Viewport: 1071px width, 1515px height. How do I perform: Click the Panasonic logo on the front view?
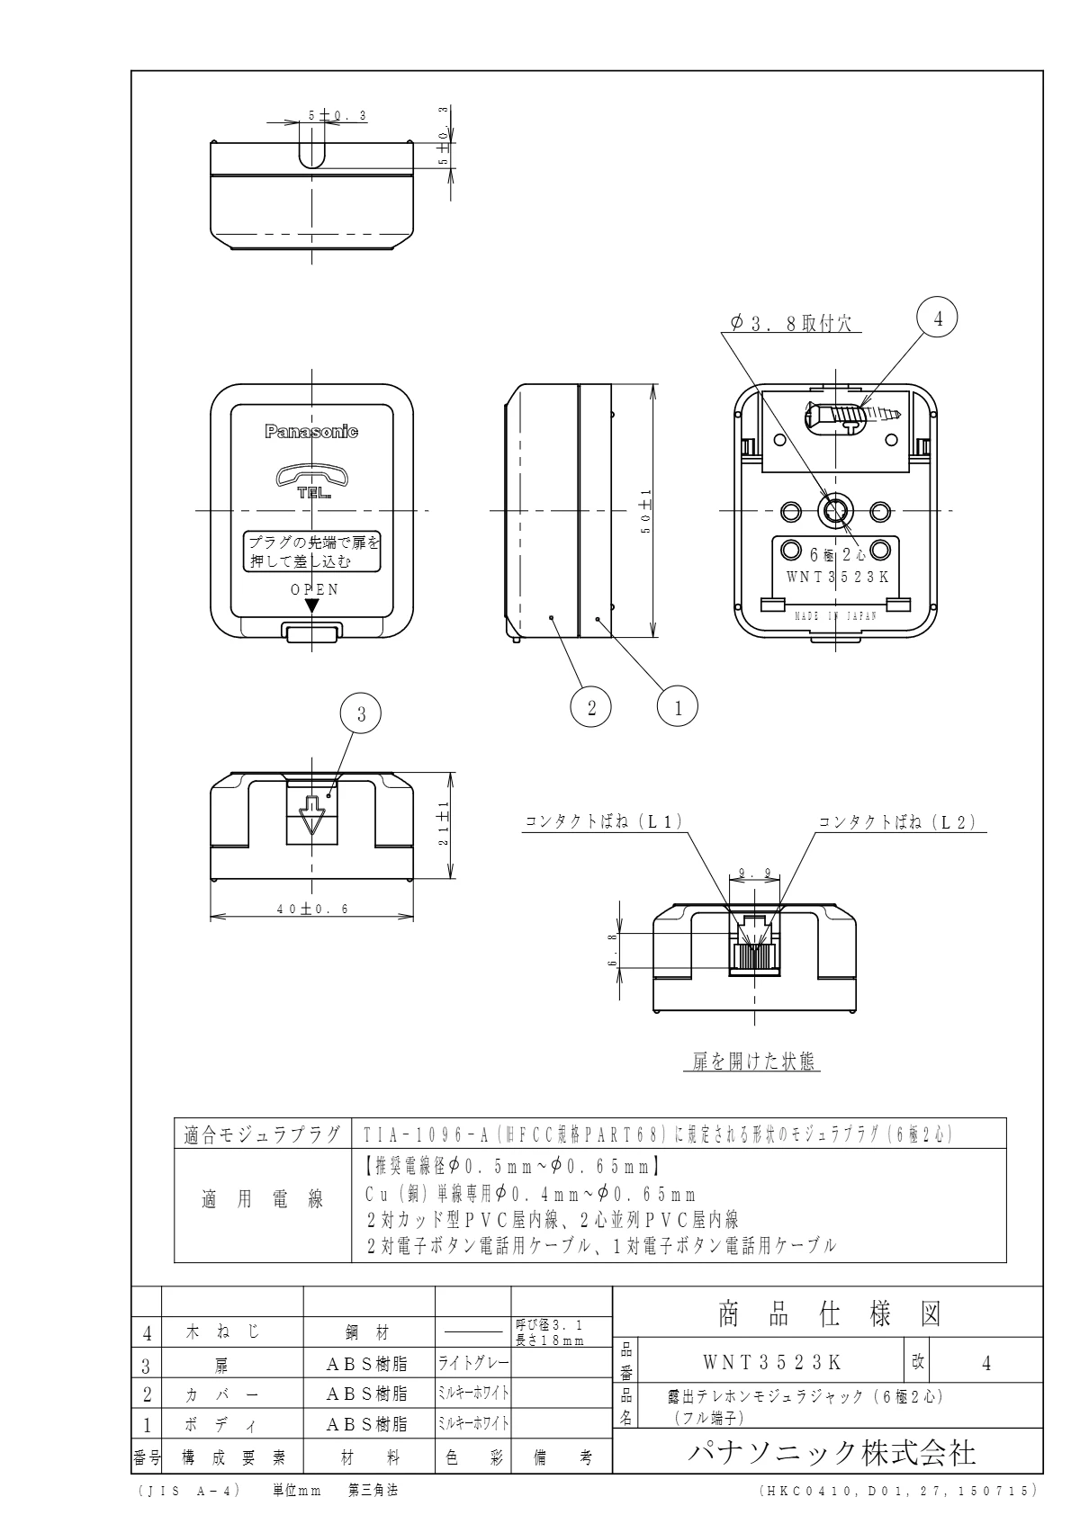[311, 432]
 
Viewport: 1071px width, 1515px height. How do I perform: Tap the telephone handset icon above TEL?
[311, 475]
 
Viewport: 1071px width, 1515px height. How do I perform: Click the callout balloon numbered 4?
[937, 318]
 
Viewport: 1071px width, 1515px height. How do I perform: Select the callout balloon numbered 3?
[361, 714]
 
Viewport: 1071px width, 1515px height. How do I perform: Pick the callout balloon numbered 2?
[591, 707]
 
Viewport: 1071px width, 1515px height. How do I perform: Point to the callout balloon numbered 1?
[679, 707]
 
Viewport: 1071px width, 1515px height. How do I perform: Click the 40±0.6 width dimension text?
[312, 909]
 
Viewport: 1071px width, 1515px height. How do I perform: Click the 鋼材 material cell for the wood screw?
[369, 1332]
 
